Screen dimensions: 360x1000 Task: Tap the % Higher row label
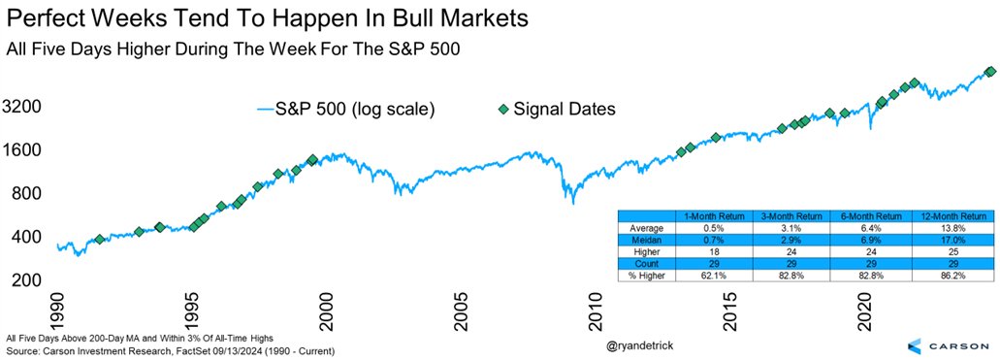640,278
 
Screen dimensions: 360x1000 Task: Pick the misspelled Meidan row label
640,241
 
